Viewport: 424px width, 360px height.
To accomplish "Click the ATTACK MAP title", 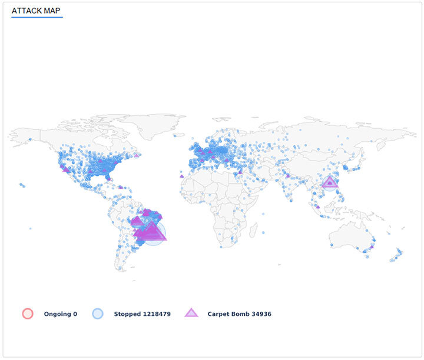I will tap(36, 11).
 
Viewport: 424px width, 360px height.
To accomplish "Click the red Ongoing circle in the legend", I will tap(28, 314).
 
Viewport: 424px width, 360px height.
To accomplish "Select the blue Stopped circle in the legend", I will tap(98, 314).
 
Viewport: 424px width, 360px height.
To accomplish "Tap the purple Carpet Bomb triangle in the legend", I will tap(191, 313).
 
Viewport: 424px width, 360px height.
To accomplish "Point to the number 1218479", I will tap(155, 314).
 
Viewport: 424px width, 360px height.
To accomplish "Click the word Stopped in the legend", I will tap(127, 314).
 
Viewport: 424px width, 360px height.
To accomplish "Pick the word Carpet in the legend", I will tap(218, 314).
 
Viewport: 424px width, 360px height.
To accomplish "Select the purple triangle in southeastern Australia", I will tap(371, 247).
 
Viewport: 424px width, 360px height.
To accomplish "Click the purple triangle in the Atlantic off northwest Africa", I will tap(182, 175).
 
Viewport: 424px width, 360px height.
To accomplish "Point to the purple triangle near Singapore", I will tap(318, 206).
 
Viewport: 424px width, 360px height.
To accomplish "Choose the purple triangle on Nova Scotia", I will tap(137, 155).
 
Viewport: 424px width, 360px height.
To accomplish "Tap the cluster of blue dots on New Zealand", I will tap(398, 254).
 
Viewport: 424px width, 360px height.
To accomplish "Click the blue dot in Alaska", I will tap(29, 139).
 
